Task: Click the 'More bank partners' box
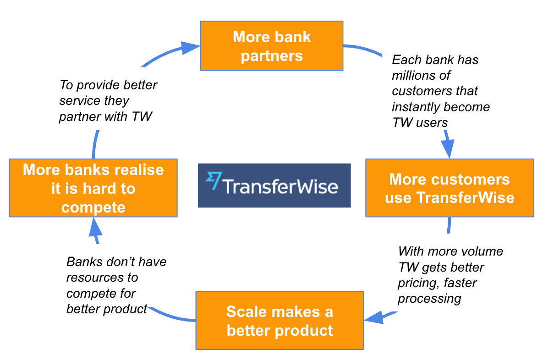click(272, 46)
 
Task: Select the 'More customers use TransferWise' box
click(449, 188)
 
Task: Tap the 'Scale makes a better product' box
click(279, 321)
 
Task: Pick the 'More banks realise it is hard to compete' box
click(93, 188)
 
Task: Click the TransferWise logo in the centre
click(274, 185)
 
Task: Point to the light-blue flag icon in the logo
click(213, 181)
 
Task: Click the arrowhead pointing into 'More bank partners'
click(190, 48)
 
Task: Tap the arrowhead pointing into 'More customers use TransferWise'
click(448, 148)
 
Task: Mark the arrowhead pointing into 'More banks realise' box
click(95, 226)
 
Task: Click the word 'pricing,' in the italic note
click(418, 283)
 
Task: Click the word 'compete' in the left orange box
click(93, 207)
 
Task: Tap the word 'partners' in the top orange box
click(272, 56)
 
